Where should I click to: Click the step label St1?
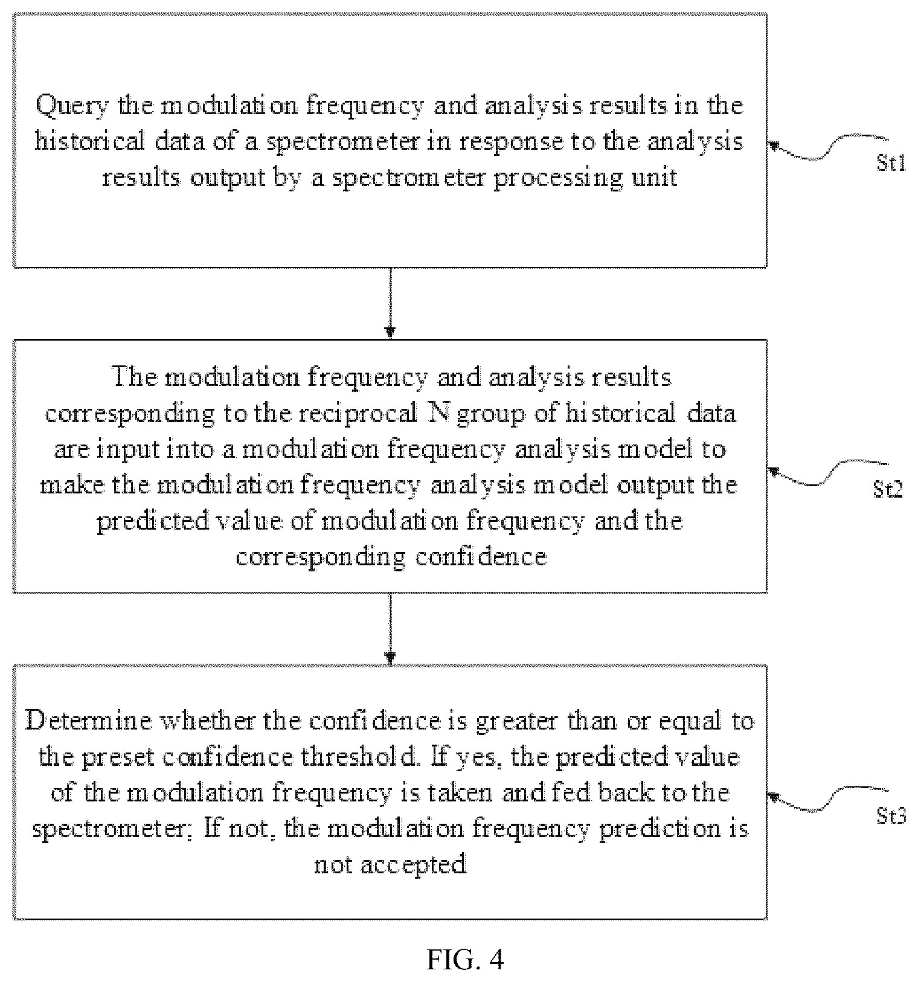coord(891,162)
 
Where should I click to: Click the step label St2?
coord(888,489)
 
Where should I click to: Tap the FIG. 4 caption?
coord(465,959)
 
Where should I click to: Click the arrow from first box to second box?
coord(390,303)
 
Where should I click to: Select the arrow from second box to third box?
coord(390,629)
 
